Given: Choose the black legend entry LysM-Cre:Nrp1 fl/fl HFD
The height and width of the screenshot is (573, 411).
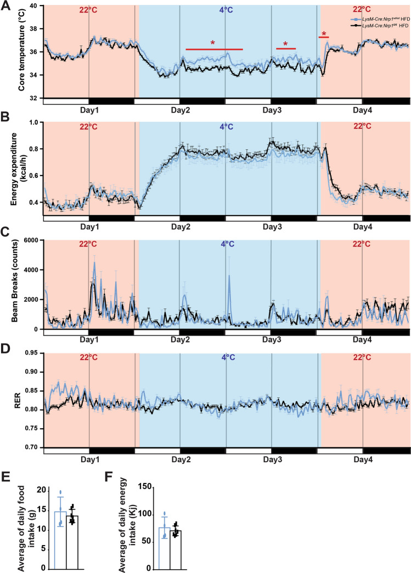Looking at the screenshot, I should [x=378, y=25].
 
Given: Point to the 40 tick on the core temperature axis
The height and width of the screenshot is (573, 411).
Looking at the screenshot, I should [x=32, y=5].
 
